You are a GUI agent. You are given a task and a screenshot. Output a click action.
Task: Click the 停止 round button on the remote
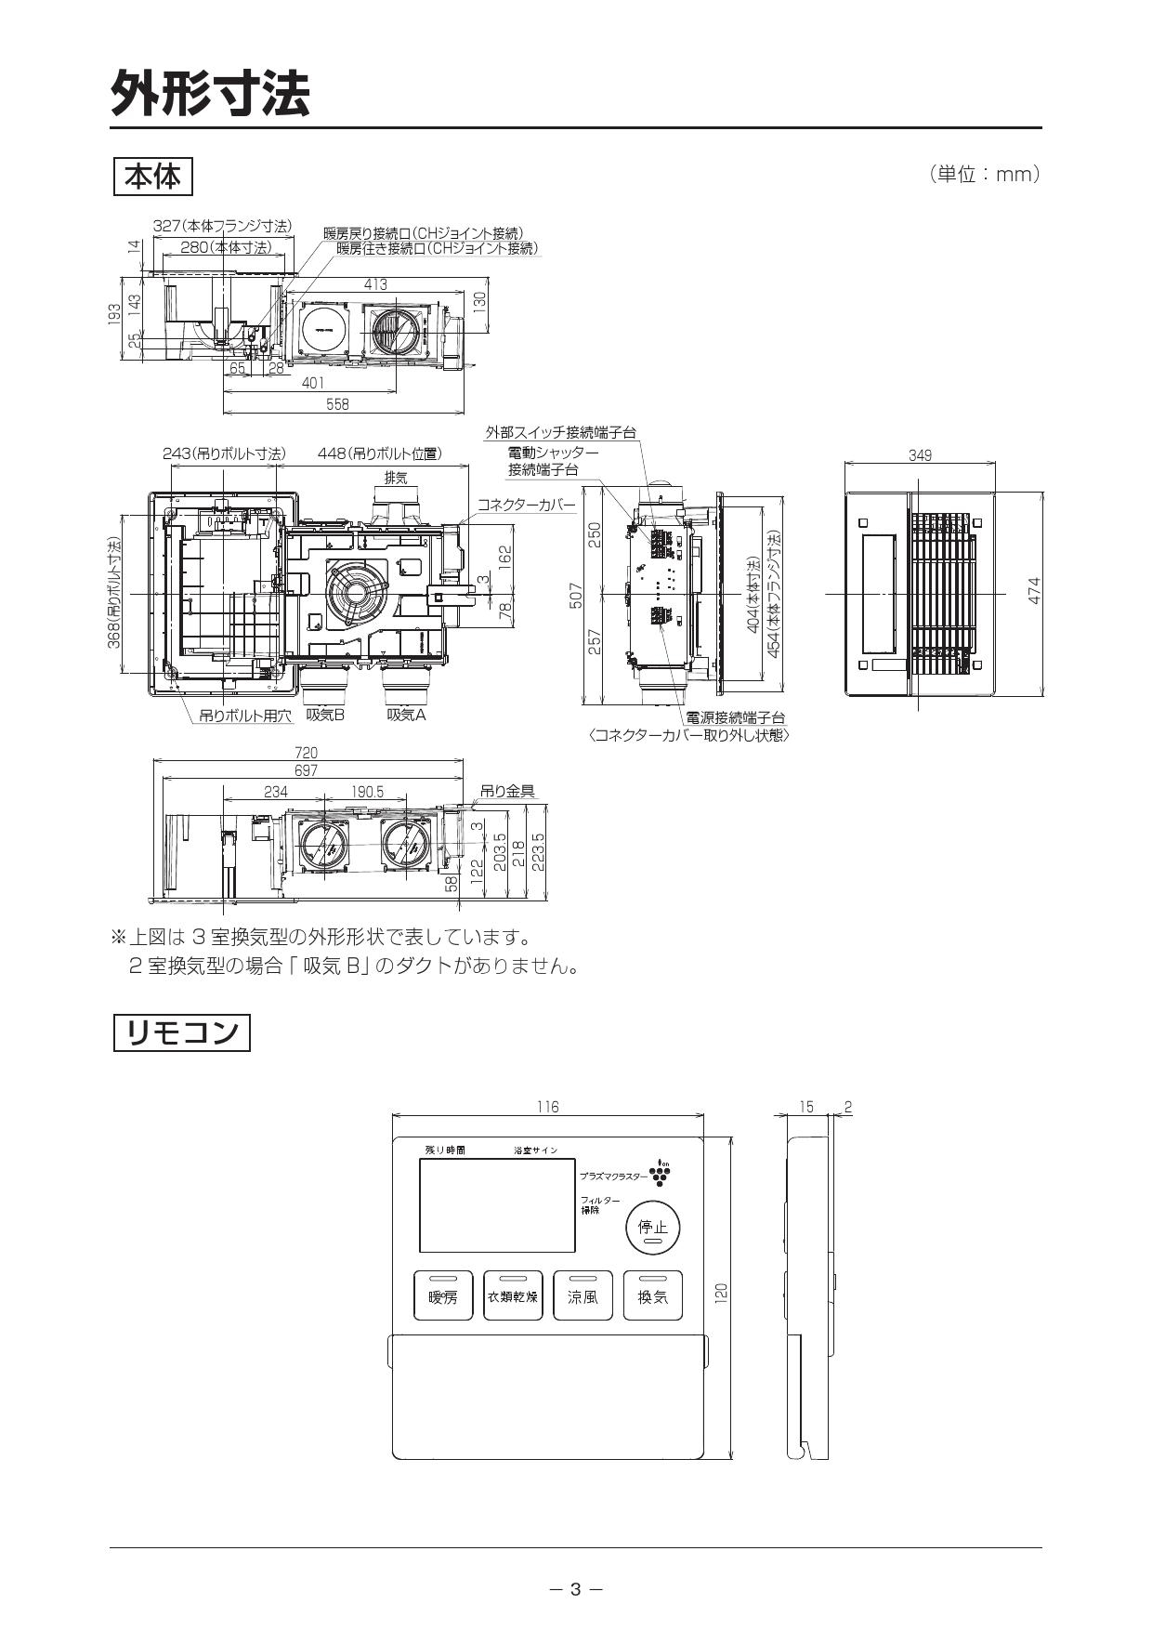[x=652, y=1228]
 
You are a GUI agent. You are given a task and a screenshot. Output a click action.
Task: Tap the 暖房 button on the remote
[x=443, y=1295]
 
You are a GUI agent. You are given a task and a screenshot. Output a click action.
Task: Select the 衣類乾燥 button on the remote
[x=513, y=1295]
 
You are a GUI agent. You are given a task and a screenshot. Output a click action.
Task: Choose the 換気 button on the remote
[x=652, y=1295]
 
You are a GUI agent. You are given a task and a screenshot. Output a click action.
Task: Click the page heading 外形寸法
[x=210, y=93]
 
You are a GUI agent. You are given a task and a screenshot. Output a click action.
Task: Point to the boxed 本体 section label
[x=152, y=177]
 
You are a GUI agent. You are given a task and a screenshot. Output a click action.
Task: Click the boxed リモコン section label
[x=182, y=1032]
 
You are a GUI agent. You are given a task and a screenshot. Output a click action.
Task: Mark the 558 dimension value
[x=337, y=404]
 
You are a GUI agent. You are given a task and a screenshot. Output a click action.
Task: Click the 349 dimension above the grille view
[x=920, y=455]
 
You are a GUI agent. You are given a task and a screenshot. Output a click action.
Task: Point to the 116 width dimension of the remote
[x=548, y=1107]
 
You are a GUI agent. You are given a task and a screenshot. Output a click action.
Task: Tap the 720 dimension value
[x=306, y=753]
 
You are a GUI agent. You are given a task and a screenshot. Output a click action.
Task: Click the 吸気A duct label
[x=406, y=715]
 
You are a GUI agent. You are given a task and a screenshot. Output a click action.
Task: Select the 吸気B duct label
[x=325, y=715]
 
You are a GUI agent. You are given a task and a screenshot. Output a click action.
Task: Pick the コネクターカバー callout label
[x=526, y=506]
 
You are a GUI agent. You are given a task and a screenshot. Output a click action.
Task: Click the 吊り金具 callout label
[x=507, y=791]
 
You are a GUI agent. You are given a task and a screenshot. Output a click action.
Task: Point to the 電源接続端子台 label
[x=735, y=717]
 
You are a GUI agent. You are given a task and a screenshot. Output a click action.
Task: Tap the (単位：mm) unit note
[x=984, y=174]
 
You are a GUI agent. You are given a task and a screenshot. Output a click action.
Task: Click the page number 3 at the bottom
[x=575, y=1589]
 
